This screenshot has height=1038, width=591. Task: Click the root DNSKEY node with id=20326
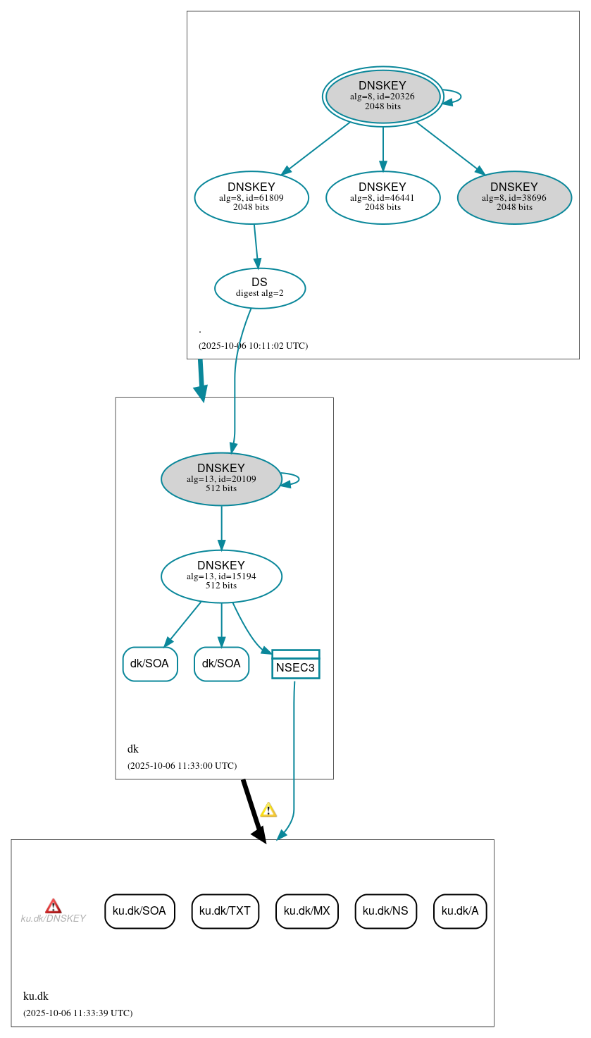(x=382, y=97)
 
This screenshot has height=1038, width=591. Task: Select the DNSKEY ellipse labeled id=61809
(x=251, y=198)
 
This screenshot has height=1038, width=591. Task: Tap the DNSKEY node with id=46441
(x=382, y=198)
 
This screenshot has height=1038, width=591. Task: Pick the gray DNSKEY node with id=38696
(x=514, y=198)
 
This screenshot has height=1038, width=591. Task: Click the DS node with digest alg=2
(x=260, y=288)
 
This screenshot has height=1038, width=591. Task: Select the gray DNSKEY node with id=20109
(x=221, y=479)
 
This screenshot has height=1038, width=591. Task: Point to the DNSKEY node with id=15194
(x=221, y=576)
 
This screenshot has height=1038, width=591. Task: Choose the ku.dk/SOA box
(x=139, y=911)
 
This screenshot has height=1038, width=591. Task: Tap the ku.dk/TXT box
(x=225, y=911)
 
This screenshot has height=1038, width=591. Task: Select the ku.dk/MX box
(x=307, y=911)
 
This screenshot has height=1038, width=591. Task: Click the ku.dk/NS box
(x=386, y=911)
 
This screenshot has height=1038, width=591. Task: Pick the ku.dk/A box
(x=460, y=911)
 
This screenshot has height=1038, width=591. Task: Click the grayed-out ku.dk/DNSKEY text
(x=54, y=919)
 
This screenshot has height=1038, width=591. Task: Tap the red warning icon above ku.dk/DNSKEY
(x=54, y=906)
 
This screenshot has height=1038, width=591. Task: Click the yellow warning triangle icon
(x=268, y=810)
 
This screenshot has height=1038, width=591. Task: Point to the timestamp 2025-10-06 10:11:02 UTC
(x=253, y=346)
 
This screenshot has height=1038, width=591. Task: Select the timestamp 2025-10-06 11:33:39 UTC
(x=77, y=1013)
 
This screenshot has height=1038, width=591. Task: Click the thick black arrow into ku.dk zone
(x=253, y=810)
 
